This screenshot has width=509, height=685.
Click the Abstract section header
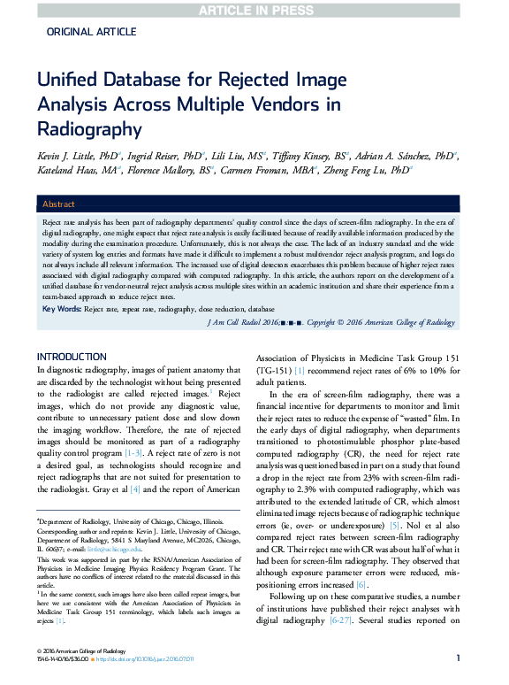pos(59,204)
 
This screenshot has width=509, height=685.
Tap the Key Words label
pos(62,308)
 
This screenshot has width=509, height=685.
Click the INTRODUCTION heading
pos(72,357)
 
